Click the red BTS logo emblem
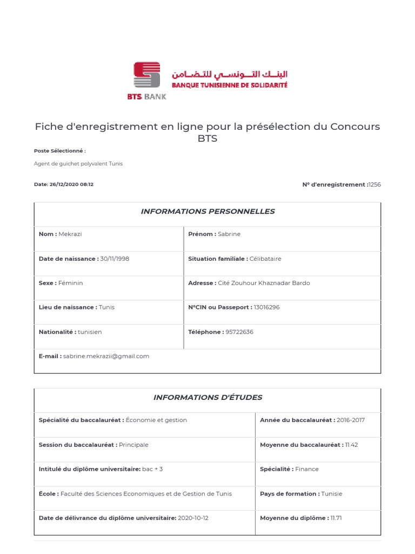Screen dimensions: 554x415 point(147,75)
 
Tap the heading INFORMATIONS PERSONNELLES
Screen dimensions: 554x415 point(207,212)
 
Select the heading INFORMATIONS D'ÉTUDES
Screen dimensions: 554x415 point(207,398)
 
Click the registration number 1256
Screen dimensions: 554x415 point(374,184)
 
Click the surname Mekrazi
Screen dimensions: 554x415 point(71,234)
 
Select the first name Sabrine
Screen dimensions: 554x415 point(229,234)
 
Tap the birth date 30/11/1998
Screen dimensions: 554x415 point(115,259)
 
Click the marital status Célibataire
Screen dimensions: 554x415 point(265,259)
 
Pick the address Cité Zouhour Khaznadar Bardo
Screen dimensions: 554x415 point(264,283)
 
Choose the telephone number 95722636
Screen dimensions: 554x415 point(239,332)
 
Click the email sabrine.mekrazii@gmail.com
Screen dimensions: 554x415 point(106,356)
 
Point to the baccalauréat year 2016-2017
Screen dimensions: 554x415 point(351,420)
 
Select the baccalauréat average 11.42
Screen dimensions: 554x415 point(351,445)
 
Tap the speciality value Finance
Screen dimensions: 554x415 point(307,469)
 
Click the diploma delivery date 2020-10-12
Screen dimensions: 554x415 point(193,518)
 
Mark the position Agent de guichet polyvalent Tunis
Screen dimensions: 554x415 point(78,163)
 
